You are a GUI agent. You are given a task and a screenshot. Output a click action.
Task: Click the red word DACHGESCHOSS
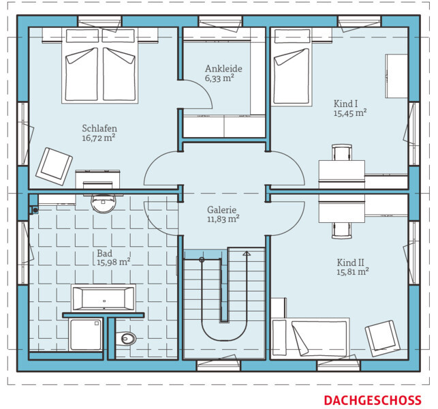click(x=373, y=400)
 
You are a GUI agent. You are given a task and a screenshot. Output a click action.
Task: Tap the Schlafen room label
click(x=99, y=128)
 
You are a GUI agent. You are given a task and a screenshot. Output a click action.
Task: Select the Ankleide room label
click(x=223, y=68)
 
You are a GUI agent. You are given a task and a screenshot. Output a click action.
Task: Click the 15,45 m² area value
click(x=350, y=113)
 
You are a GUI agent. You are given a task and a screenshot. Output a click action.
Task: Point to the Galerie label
click(x=222, y=210)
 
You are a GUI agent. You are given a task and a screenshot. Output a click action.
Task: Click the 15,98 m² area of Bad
click(x=113, y=262)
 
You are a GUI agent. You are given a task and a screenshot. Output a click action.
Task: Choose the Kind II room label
click(x=350, y=262)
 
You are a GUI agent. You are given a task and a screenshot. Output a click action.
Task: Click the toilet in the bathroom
click(x=126, y=339)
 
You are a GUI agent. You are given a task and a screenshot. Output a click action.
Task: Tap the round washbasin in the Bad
click(x=103, y=203)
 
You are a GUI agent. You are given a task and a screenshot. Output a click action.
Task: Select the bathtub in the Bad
click(x=104, y=299)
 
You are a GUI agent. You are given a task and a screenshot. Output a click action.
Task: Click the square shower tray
click(x=86, y=335)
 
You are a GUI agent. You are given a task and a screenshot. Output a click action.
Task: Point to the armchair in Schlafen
click(x=54, y=166)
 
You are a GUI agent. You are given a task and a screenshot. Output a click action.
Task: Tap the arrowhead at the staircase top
click(x=247, y=254)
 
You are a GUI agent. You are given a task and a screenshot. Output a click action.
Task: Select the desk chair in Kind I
click(x=342, y=153)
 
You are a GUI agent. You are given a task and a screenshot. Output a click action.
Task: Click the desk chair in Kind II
click(x=342, y=230)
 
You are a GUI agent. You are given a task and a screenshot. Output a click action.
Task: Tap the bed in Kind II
click(x=310, y=338)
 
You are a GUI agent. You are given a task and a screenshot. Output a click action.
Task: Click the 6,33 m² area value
click(x=219, y=78)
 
